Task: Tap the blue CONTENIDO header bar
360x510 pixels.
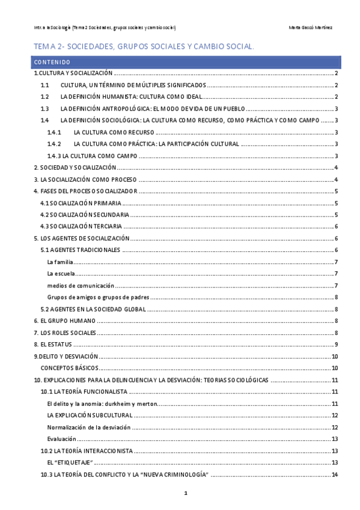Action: [x=186, y=61]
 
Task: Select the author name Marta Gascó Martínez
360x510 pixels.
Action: [x=311, y=28]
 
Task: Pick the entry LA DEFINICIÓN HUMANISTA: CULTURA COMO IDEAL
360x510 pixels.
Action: [x=130, y=97]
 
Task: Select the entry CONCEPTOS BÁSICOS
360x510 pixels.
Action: [x=69, y=367]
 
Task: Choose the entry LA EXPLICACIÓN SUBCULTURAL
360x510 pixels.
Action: [x=90, y=415]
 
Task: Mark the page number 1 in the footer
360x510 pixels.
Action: [x=186, y=494]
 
